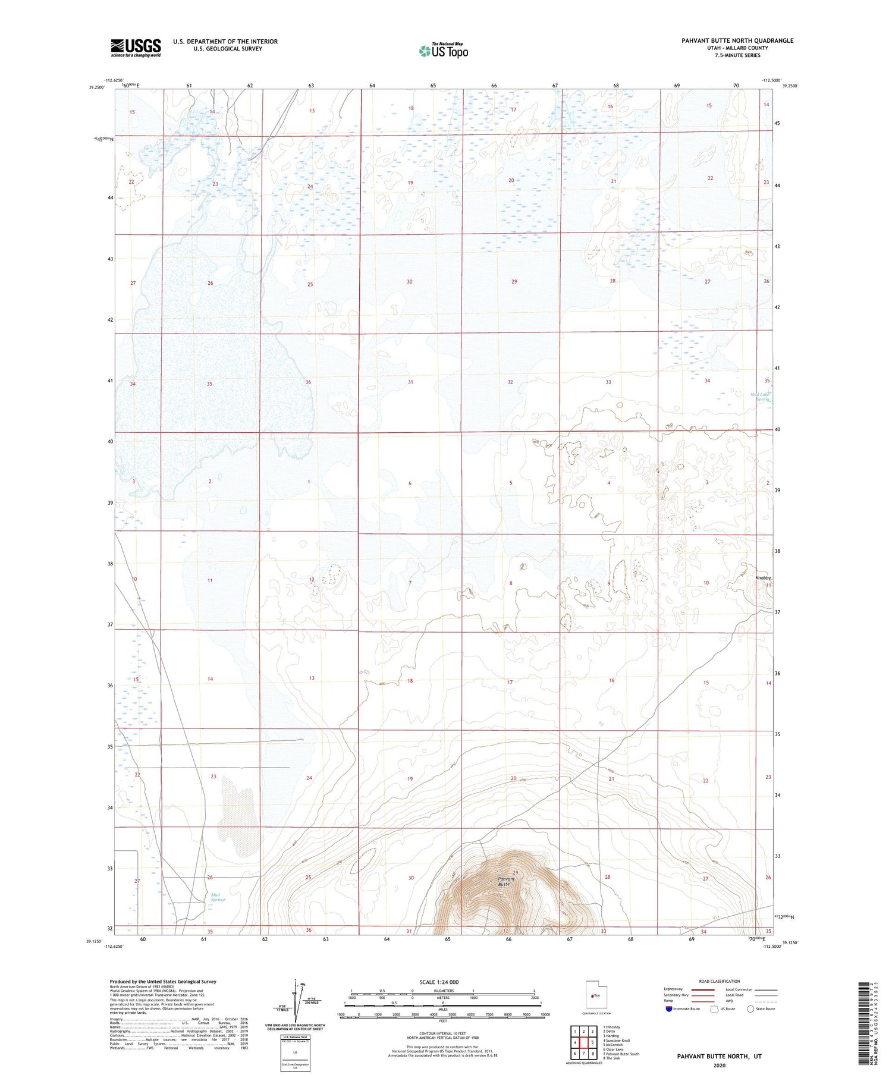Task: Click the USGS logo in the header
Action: [x=135, y=48]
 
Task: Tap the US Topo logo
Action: [x=443, y=51]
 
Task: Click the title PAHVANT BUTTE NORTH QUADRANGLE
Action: [x=737, y=40]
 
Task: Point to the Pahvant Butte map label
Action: [x=506, y=882]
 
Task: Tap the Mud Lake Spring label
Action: [x=760, y=397]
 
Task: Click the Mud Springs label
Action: [x=218, y=897]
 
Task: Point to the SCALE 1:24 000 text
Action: [x=439, y=982]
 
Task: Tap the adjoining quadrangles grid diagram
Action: [x=583, y=1042]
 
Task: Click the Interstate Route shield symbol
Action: [x=669, y=1009]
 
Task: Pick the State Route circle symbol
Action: [x=750, y=1009]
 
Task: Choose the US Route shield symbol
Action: [x=714, y=1009]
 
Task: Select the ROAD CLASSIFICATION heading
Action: [x=720, y=981]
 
